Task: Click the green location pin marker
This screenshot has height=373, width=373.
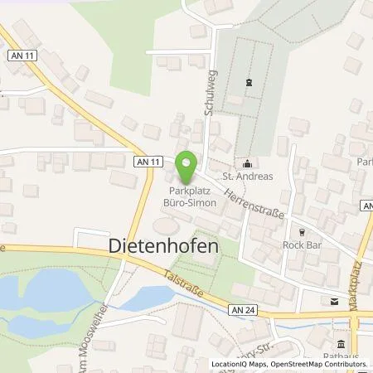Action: point(187,168)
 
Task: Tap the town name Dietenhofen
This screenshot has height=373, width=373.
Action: point(165,246)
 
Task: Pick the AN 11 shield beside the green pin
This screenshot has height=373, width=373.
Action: point(146,162)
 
